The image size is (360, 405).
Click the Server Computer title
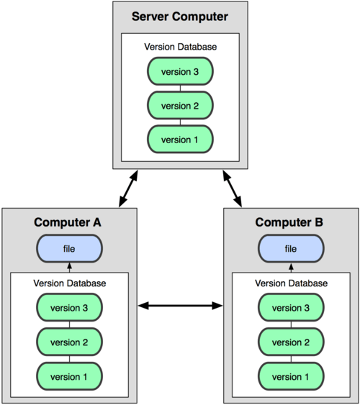pyautogui.click(x=180, y=17)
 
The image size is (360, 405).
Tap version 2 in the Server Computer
pyautogui.click(x=180, y=105)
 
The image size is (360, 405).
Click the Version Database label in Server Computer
pyautogui.click(x=180, y=47)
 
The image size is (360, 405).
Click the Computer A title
pyautogui.click(x=68, y=222)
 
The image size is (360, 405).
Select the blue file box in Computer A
pyautogui.click(x=69, y=249)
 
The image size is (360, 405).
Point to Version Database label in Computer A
pyautogui.click(x=69, y=283)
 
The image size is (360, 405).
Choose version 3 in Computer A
pyautogui.click(x=69, y=309)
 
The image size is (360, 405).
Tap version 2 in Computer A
pyautogui.click(x=69, y=342)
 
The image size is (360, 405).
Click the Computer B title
pyautogui.click(x=291, y=222)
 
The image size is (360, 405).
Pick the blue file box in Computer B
pyautogui.click(x=291, y=249)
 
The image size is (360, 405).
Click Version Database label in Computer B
pyautogui.click(x=291, y=283)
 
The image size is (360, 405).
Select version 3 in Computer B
pyautogui.click(x=291, y=309)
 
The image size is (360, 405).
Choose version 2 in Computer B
pyautogui.click(x=291, y=342)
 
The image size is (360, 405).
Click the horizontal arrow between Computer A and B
pyautogui.click(x=180, y=306)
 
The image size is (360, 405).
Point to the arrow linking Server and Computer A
pyautogui.click(x=127, y=189)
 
